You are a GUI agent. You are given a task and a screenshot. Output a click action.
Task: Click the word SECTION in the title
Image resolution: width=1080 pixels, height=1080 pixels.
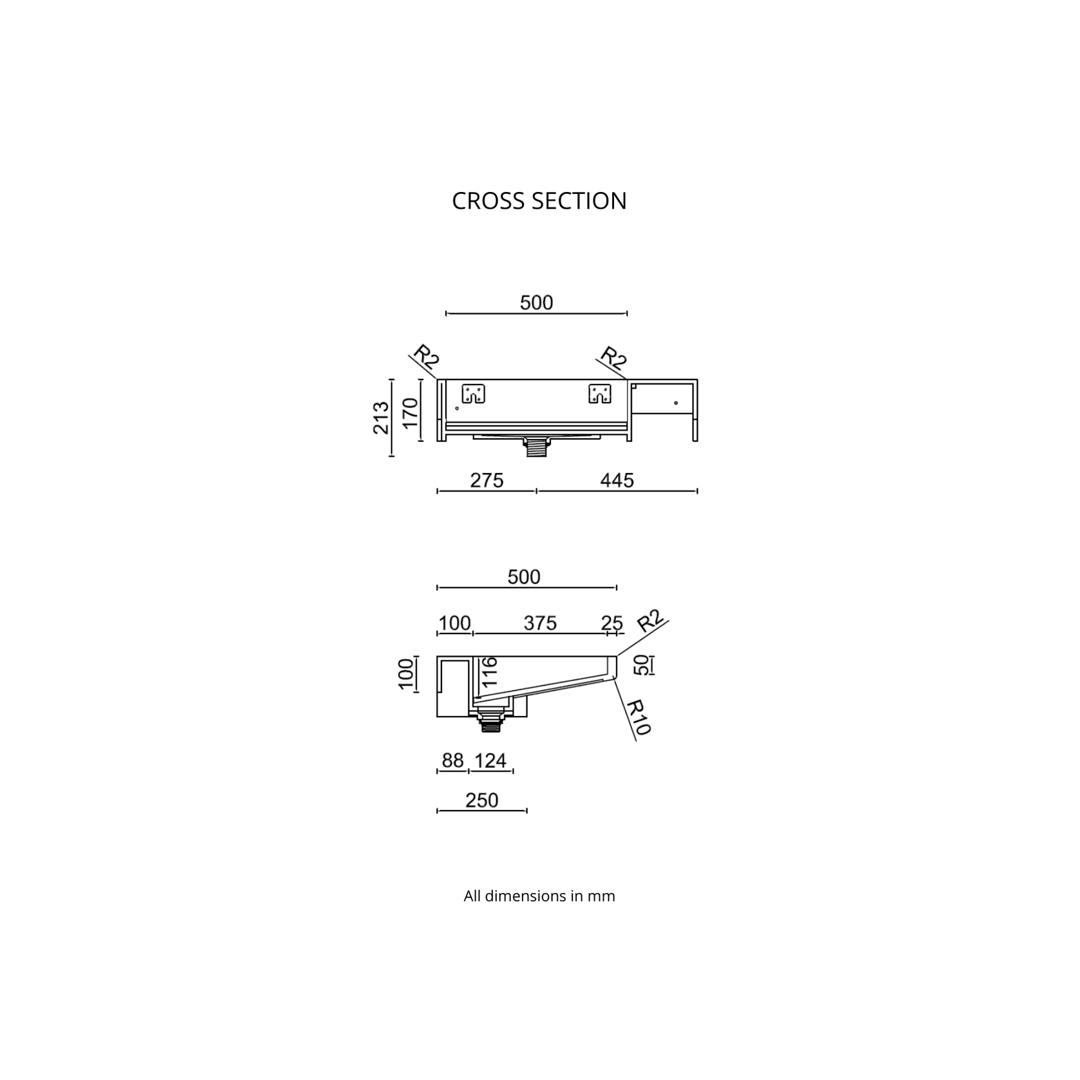point(579,201)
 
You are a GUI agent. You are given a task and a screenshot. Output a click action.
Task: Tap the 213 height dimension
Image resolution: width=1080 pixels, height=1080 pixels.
point(381,418)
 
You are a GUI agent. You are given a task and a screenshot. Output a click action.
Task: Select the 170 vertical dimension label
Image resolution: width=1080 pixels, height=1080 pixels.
point(410,413)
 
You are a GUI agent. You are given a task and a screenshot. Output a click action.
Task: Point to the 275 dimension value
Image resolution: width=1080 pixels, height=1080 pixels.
point(487,481)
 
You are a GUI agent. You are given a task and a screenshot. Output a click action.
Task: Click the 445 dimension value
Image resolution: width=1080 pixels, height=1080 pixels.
point(617,481)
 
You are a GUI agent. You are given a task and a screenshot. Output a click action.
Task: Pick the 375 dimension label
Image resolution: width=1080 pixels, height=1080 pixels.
point(540,623)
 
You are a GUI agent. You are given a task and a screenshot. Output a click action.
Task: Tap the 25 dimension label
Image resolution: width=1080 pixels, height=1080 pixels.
point(612,623)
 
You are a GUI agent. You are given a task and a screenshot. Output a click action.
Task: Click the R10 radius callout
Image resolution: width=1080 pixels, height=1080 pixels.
point(639,717)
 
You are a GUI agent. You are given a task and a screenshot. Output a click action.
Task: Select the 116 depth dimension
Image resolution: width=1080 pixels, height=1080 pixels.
point(489,672)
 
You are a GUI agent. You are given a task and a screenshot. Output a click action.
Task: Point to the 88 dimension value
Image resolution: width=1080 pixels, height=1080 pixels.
point(452,760)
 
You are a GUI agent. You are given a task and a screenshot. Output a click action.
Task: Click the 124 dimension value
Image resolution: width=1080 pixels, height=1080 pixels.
point(490,760)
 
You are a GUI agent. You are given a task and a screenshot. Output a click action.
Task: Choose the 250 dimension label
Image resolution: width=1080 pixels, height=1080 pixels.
point(482,800)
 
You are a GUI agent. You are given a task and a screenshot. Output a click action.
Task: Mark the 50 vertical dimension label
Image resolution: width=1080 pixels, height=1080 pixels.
point(642,665)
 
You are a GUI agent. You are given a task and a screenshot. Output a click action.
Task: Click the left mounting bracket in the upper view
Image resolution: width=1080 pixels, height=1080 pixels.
point(474,394)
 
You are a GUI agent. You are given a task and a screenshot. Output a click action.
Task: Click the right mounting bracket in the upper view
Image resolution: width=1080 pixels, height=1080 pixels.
point(600,394)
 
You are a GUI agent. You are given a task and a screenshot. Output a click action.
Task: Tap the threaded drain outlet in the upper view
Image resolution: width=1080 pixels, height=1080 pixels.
point(536,447)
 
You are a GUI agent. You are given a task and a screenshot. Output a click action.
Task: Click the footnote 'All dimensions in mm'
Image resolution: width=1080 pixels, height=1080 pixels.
point(539,896)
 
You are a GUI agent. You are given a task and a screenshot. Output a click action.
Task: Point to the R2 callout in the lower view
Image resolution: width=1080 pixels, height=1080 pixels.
point(650,621)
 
